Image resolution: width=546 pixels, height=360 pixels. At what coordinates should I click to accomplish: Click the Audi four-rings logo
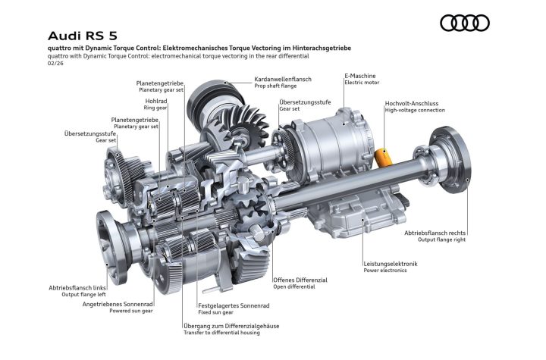465,23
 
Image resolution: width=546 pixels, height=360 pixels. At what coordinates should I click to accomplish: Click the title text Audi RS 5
83,36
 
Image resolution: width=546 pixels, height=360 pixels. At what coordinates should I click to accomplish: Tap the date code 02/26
55,64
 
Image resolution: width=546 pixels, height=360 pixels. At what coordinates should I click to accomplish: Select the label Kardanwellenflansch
283,79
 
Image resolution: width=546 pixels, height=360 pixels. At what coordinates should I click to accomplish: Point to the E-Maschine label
360,76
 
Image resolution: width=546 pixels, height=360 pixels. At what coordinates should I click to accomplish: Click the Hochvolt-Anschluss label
412,103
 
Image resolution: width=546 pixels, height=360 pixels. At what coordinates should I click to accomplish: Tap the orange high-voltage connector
383,157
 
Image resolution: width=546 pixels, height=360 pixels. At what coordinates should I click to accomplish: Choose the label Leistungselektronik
391,264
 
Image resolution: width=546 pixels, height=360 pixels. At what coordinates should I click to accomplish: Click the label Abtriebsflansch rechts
435,233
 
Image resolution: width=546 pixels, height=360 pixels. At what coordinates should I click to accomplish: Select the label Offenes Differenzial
300,280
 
